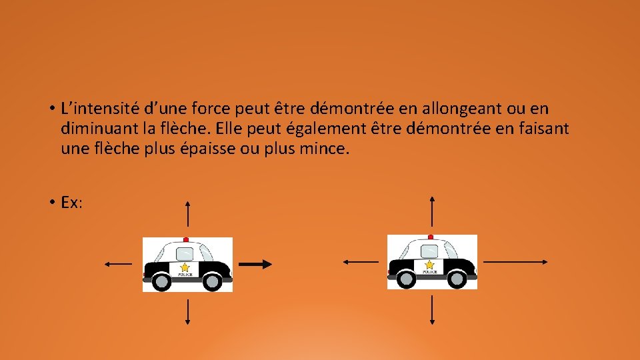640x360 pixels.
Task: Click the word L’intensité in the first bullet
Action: click(94, 109)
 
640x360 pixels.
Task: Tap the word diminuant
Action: click(93, 129)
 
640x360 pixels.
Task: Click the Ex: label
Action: click(71, 203)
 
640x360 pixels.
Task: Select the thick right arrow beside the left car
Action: click(256, 265)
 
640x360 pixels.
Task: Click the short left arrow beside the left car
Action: click(118, 264)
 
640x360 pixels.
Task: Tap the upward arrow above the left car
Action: click(188, 214)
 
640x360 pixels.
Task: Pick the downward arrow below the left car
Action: click(188, 313)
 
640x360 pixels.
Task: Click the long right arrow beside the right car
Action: click(515, 262)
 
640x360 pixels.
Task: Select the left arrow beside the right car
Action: click(361, 262)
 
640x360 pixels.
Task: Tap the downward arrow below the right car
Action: click(433, 310)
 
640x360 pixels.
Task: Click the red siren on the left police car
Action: click(186, 239)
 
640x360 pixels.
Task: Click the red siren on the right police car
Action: click(431, 237)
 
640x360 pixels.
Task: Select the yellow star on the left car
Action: click(185, 267)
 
